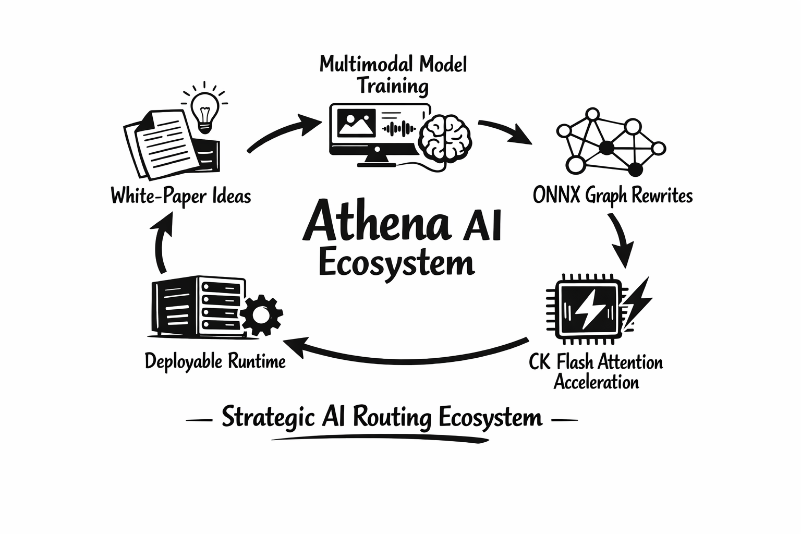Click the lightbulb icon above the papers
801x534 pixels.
[x=204, y=110]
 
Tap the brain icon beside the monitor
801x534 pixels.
[x=446, y=137]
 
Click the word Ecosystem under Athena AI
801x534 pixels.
[x=396, y=264]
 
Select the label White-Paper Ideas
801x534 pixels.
[x=181, y=197]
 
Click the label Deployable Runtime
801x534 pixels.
[x=215, y=361]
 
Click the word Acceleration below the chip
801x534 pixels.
[x=596, y=382]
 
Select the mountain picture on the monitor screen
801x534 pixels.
[x=356, y=124]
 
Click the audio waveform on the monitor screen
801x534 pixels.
[x=399, y=128]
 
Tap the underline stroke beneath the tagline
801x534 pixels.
[x=381, y=439]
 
